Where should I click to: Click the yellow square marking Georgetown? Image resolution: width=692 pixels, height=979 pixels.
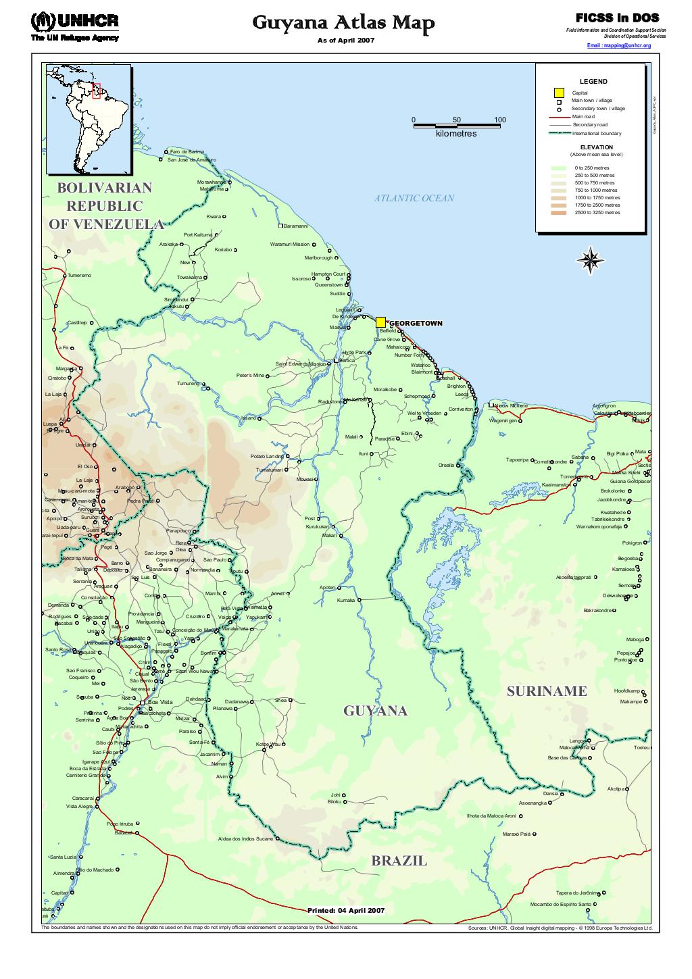point(380,322)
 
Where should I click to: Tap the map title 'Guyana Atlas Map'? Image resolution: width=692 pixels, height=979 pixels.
point(343,24)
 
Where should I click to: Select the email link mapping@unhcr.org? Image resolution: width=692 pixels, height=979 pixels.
point(619,45)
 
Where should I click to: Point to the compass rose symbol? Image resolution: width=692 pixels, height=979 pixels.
point(591,261)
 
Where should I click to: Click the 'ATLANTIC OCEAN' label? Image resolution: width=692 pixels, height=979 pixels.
point(414,198)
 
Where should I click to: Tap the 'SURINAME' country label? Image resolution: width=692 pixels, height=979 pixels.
point(547,691)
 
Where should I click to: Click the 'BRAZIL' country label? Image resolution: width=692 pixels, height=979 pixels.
point(399,861)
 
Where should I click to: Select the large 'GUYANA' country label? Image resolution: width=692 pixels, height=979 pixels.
point(375,711)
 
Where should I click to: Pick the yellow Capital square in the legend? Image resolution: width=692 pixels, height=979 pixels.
point(559,93)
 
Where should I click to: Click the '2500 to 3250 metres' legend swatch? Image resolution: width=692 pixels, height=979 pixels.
point(559,213)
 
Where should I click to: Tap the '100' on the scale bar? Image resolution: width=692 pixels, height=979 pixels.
point(499,120)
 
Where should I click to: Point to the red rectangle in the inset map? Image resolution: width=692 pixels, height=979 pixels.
point(97,90)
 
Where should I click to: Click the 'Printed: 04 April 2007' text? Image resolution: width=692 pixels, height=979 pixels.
point(346,910)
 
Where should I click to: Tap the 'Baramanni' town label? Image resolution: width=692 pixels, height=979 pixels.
point(295,226)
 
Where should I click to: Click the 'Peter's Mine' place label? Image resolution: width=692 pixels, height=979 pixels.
point(250,375)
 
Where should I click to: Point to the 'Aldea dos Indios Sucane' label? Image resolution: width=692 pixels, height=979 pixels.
point(245,838)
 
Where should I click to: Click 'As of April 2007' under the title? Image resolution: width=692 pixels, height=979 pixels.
point(345,41)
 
